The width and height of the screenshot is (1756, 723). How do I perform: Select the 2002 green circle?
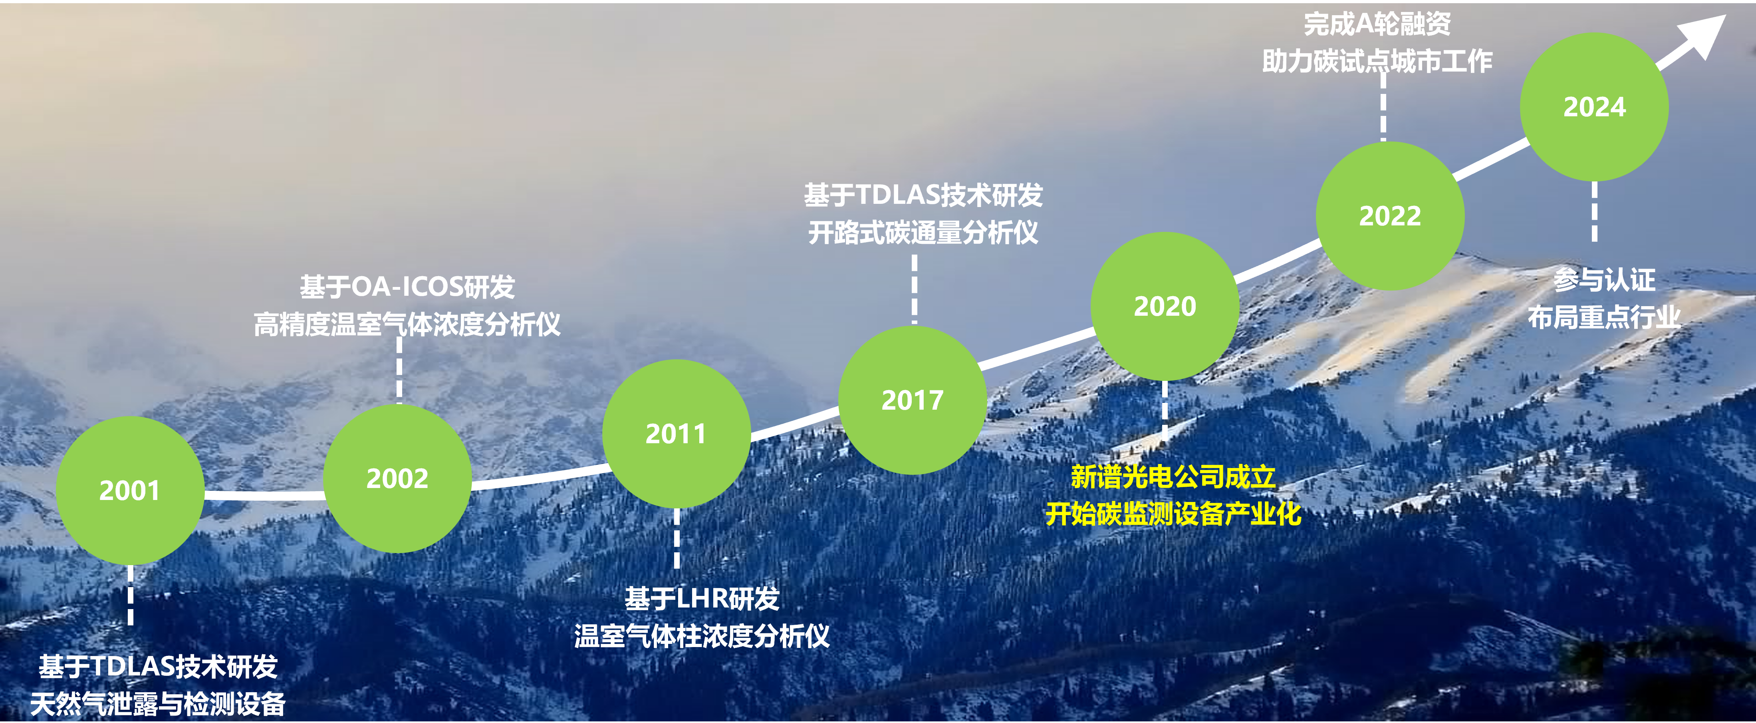pyautogui.click(x=397, y=478)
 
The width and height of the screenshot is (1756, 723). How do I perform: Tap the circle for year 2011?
pyautogui.click(x=676, y=434)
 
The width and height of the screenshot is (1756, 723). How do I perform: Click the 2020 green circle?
pyautogui.click(x=1165, y=306)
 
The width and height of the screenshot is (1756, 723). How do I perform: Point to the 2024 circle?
pyautogui.click(x=1594, y=107)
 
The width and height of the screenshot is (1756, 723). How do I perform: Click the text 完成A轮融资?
pyautogui.click(x=1377, y=24)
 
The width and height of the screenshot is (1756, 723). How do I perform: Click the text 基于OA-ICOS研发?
pyautogui.click(x=408, y=287)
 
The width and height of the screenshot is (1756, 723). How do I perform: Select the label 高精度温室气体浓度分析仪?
pyautogui.click(x=408, y=324)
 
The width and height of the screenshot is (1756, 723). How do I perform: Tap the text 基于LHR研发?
pyautogui.click(x=702, y=599)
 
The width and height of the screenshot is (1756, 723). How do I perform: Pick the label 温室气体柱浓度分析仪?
pyautogui.click(x=702, y=636)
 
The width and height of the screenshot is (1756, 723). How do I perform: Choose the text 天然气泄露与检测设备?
pyautogui.click(x=157, y=704)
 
